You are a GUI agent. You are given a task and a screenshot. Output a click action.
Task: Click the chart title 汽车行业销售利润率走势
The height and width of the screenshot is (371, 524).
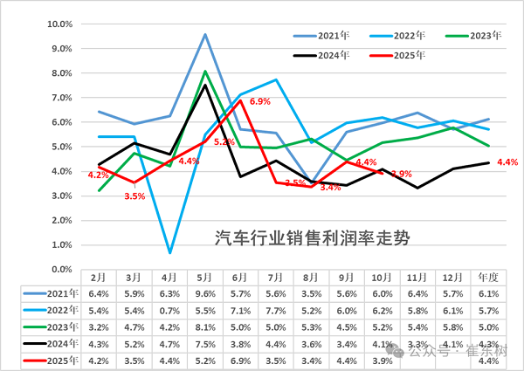point(312,236)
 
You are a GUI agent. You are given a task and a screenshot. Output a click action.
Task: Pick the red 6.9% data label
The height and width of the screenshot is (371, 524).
point(260,102)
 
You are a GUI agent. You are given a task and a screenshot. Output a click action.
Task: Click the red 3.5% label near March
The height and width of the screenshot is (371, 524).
point(134,196)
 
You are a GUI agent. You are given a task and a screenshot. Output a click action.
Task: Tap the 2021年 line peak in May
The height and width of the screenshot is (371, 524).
point(205,35)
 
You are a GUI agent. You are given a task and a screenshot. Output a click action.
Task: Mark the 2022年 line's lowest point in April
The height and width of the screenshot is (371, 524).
point(169,252)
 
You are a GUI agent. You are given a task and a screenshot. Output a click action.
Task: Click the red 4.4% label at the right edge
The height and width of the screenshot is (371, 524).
point(507,162)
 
